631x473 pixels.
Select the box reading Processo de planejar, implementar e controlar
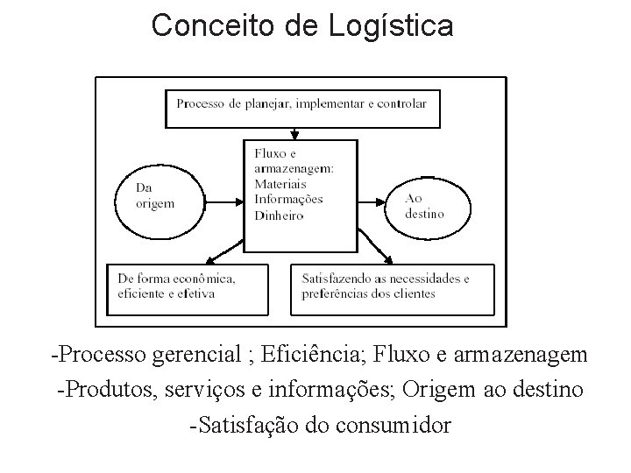[x=301, y=107]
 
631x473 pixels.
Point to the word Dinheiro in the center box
[x=279, y=215]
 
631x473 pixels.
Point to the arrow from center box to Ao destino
[x=372, y=201]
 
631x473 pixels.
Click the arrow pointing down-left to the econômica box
[x=223, y=252]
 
